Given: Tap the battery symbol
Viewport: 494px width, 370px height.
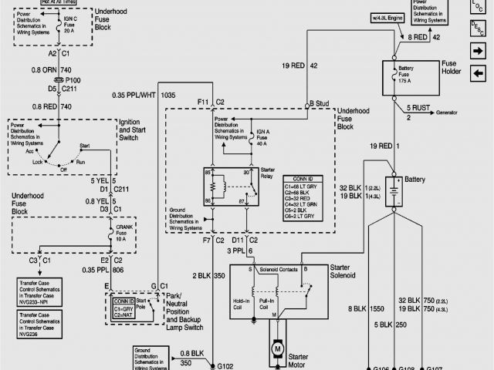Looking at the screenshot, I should [x=394, y=189].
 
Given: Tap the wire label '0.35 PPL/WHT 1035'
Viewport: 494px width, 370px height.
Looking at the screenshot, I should [x=143, y=95].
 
